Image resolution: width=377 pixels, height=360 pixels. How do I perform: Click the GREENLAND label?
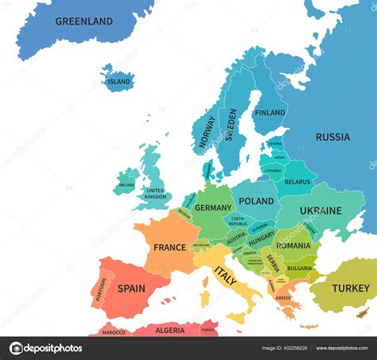click(84, 21)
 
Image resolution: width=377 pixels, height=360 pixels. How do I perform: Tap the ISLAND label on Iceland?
click(119, 81)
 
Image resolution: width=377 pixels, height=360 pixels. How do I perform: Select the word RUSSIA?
click(332, 137)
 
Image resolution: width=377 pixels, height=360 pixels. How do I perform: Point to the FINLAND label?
click(270, 113)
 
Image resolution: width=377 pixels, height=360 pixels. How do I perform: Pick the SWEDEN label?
click(231, 125)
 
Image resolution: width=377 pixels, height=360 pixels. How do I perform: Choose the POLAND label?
click(256, 202)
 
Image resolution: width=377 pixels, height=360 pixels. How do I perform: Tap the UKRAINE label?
click(321, 211)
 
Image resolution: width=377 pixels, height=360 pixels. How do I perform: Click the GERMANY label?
click(213, 208)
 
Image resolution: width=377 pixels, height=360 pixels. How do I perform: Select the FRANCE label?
click(169, 247)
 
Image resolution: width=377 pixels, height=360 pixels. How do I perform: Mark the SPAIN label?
click(131, 288)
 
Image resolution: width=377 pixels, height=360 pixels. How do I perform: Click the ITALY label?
click(225, 277)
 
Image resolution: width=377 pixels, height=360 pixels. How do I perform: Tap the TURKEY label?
click(350, 288)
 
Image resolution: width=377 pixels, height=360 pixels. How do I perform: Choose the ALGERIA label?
click(169, 330)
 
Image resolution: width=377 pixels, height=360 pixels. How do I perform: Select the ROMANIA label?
click(293, 246)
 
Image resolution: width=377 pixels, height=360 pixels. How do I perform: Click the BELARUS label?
click(297, 182)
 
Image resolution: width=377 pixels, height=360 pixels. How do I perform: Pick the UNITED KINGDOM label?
click(155, 193)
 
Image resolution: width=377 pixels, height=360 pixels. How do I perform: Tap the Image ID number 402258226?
click(295, 347)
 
